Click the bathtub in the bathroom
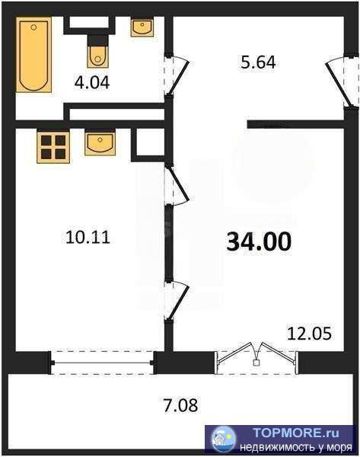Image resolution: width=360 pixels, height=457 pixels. tap(33, 55)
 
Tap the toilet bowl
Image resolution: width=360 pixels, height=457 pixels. tap(97, 57)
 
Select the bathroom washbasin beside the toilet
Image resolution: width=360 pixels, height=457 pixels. tap(142, 27)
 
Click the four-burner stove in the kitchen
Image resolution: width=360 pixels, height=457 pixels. tap(53, 147)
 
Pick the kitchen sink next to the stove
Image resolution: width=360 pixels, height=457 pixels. tap(100, 142)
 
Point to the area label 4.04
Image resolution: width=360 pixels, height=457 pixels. tap(92, 83)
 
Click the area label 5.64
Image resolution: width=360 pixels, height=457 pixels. tap(258, 62)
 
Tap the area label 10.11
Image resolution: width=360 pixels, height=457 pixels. tap(88, 237)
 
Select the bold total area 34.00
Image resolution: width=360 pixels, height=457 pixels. tap(259, 241)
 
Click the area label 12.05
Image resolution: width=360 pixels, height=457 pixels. tap(309, 334)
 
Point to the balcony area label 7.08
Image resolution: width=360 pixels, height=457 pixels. tap(181, 405)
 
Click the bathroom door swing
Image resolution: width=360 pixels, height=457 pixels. tap(177, 75)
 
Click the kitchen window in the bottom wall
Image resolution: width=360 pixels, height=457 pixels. tap(102, 363)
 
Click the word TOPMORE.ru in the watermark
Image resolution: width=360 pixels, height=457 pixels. tap(295, 433)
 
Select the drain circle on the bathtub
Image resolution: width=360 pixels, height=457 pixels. tap(33, 27)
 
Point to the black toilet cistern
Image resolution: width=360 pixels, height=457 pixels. tap(97, 40)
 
